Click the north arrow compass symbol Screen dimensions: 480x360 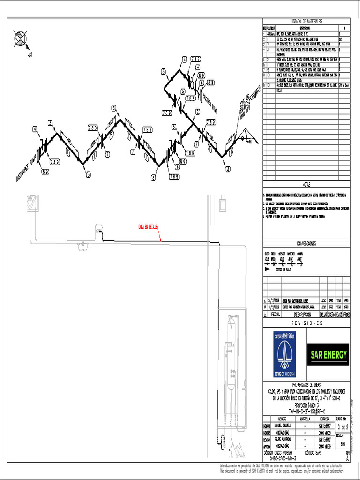21,38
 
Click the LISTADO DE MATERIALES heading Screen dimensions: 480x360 307,22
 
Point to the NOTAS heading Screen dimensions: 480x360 307,185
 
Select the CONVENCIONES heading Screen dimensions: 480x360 307,244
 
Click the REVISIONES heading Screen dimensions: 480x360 307,323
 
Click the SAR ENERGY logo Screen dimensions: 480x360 329,354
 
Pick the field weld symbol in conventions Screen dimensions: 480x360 274,264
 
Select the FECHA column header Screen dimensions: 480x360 273,315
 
